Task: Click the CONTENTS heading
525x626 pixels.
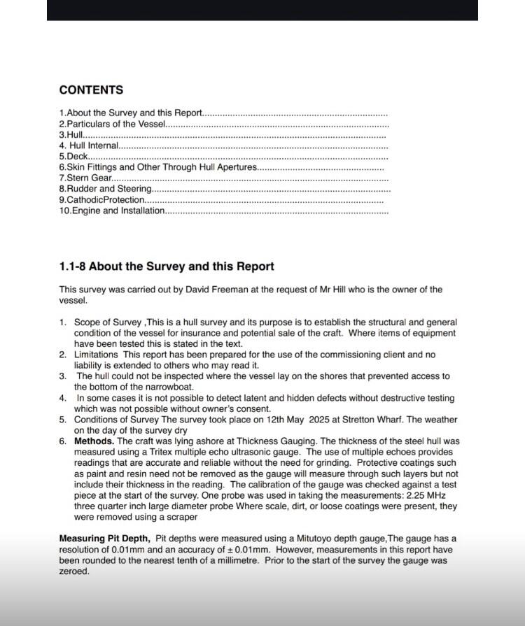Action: [x=91, y=90]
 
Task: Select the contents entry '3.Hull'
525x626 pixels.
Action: [x=71, y=134]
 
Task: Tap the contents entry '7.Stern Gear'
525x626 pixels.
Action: [x=85, y=178]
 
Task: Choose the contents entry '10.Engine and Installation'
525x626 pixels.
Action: [x=112, y=211]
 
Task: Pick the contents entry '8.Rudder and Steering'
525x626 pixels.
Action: [x=105, y=189]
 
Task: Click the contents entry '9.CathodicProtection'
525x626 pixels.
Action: [x=101, y=200]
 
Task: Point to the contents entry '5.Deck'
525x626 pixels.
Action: [x=73, y=156]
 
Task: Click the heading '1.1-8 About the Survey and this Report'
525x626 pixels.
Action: [x=167, y=266]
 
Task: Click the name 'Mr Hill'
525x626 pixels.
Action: [x=338, y=290]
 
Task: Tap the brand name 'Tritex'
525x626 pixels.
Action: [x=171, y=453]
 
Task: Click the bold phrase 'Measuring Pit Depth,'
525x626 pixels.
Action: [x=104, y=539]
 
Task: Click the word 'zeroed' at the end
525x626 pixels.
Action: [x=73, y=571]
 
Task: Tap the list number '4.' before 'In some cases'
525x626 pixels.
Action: [x=62, y=398]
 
